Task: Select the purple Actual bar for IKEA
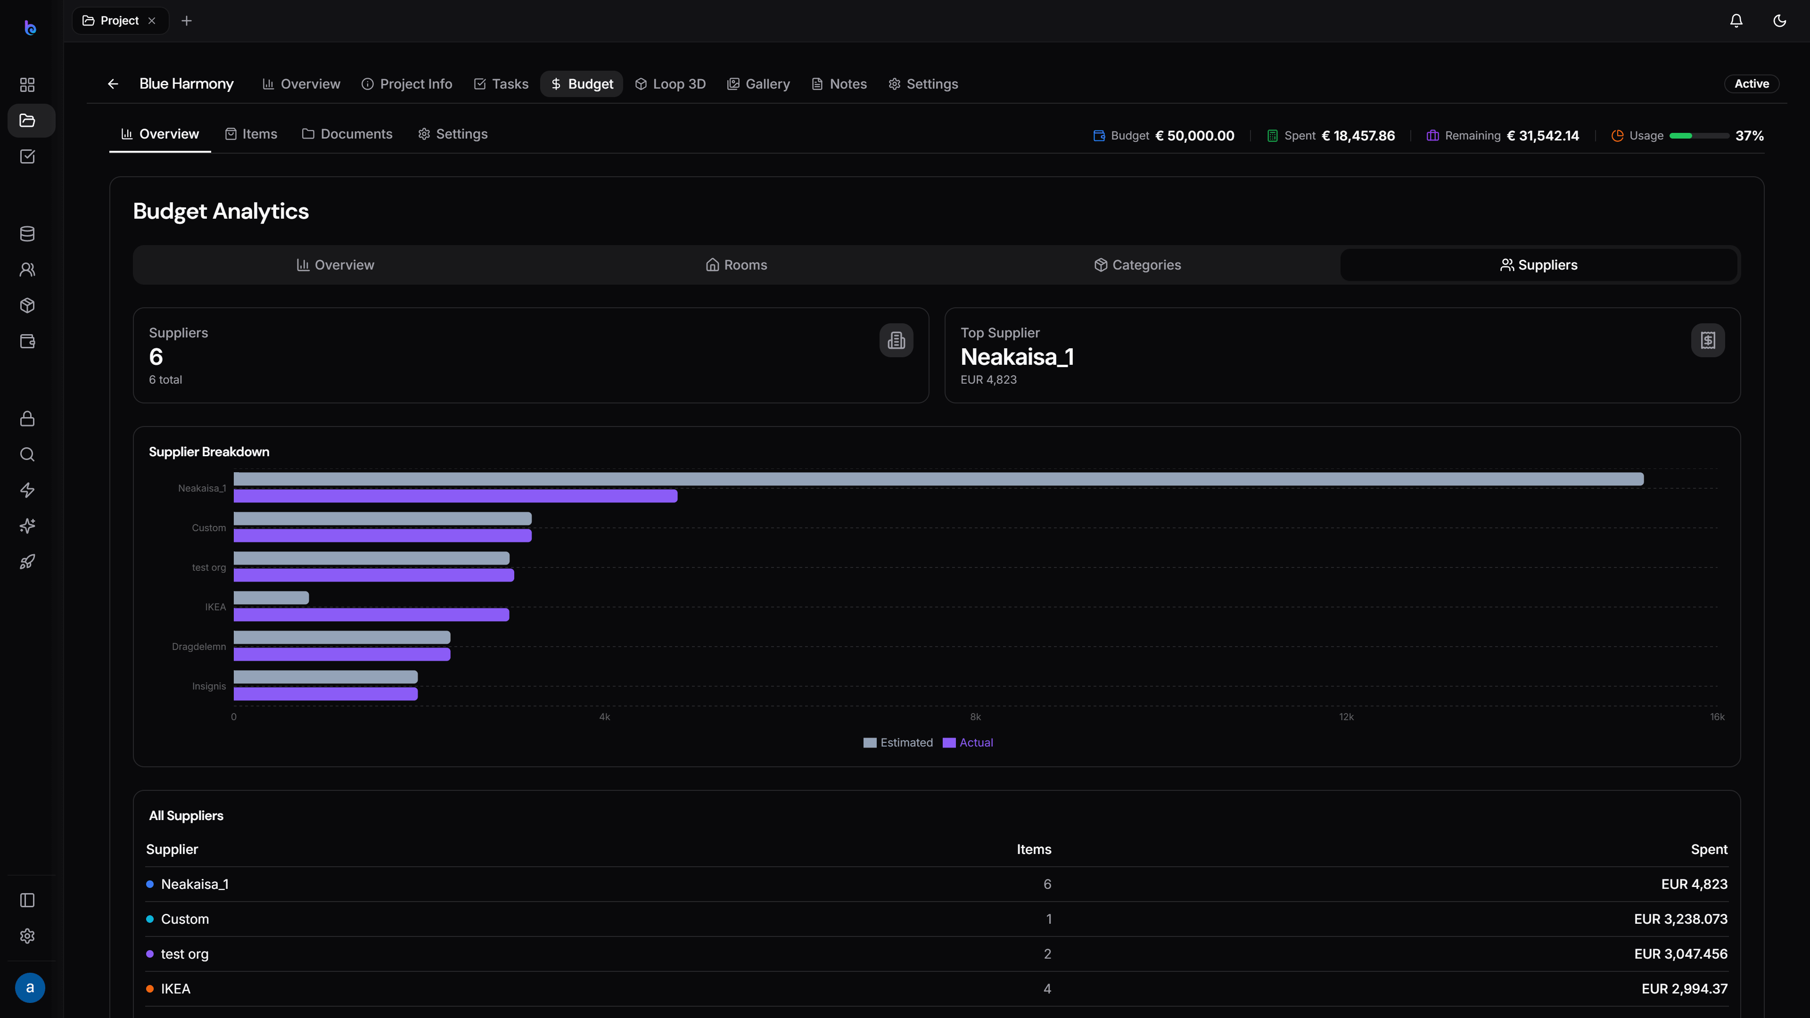(371, 615)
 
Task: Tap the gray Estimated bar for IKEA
(271, 598)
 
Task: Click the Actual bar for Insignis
(325, 694)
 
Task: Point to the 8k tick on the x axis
(975, 716)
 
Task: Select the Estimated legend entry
(898, 743)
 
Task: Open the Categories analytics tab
(1137, 265)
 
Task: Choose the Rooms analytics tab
(736, 265)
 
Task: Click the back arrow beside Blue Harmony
(113, 83)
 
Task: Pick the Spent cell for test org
(1681, 954)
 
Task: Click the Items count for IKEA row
(1047, 988)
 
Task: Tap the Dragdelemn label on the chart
(199, 646)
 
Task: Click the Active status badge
(1752, 83)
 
